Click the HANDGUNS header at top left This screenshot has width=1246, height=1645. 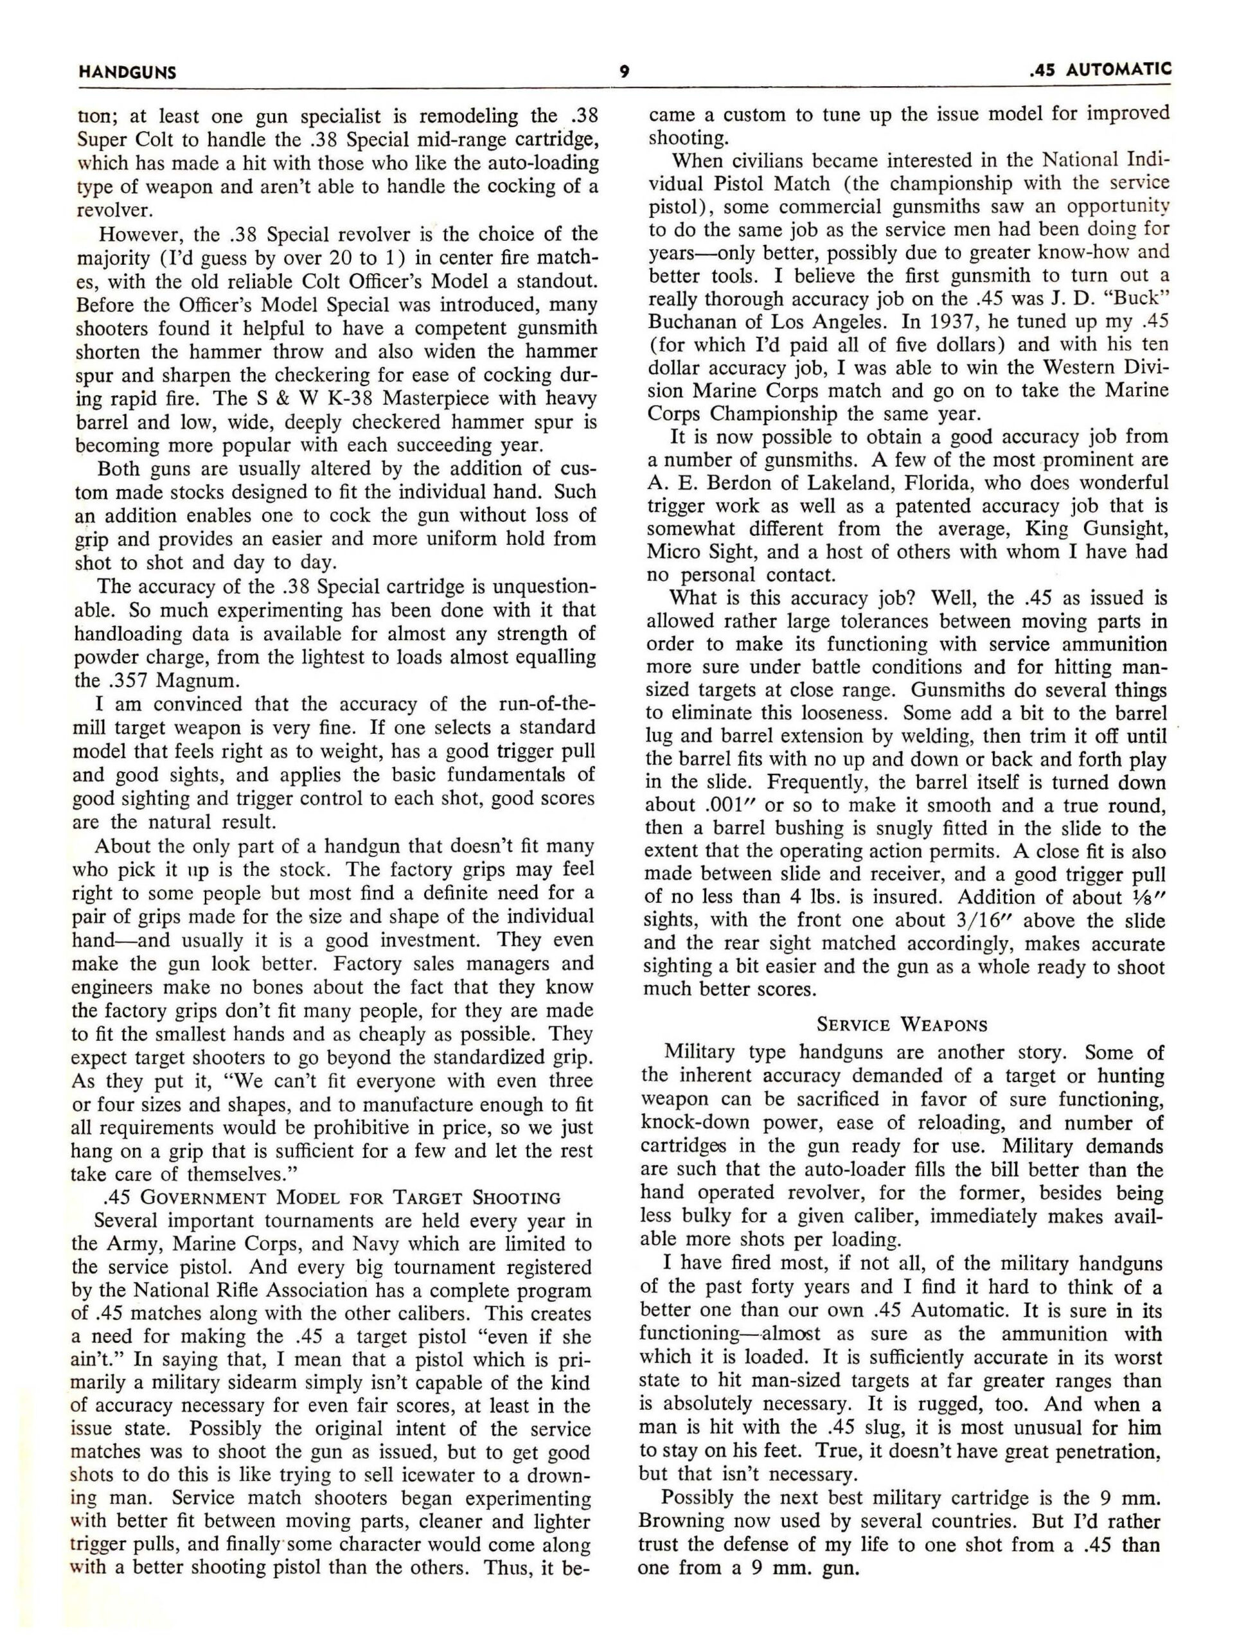127,73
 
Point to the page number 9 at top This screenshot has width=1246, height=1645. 624,72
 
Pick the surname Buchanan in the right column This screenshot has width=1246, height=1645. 695,322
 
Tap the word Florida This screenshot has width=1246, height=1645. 943,483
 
